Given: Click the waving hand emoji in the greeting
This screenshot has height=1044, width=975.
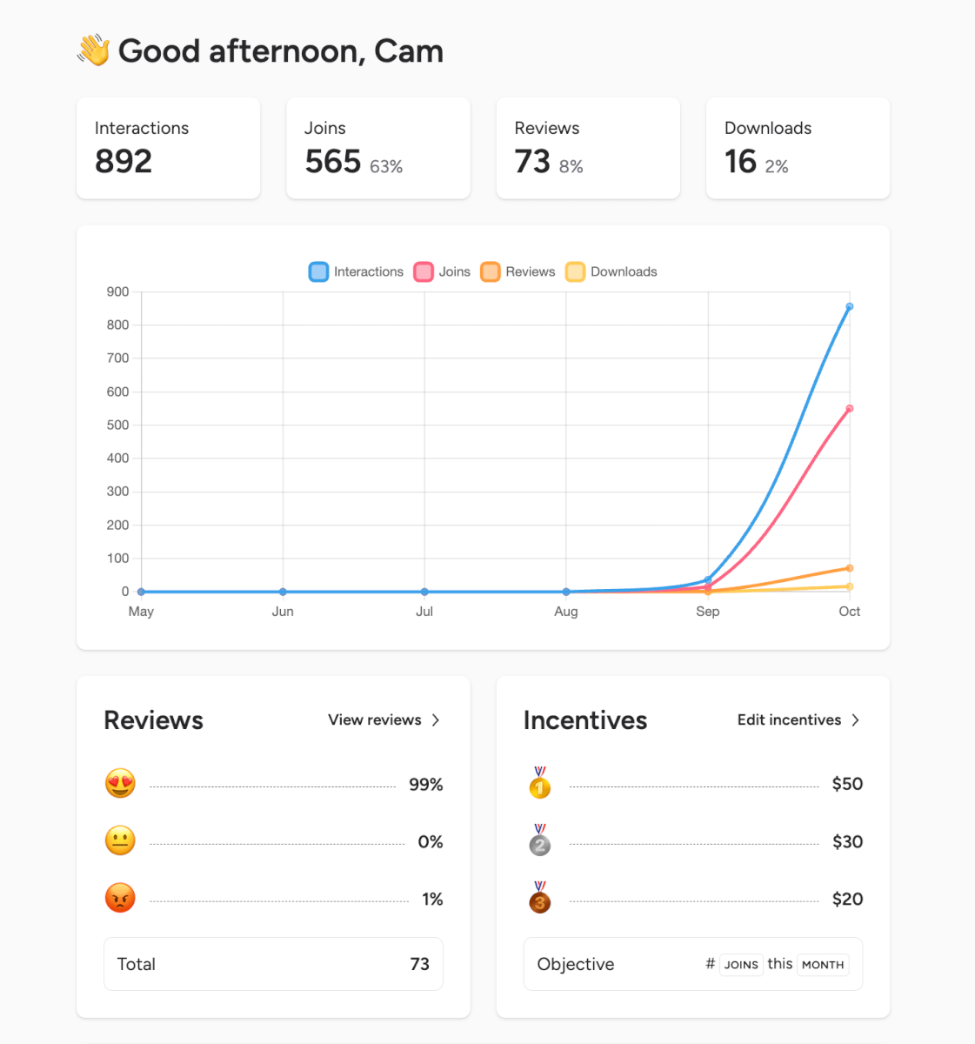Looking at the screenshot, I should point(94,50).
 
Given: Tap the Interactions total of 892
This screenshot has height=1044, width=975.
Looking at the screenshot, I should point(124,162).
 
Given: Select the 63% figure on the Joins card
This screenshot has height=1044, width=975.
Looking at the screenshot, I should point(386,166).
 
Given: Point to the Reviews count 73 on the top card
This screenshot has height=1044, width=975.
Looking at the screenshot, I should point(532,162).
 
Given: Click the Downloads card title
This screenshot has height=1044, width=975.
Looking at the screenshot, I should point(768,128).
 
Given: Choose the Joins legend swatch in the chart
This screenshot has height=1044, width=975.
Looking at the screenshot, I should point(424,271).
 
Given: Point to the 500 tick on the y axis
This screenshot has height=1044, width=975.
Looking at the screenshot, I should point(117,425).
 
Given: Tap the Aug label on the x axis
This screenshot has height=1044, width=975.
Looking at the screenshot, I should point(566,612).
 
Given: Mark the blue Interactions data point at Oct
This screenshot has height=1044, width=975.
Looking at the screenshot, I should point(850,306).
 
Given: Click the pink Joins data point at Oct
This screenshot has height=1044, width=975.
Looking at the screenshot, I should point(850,409).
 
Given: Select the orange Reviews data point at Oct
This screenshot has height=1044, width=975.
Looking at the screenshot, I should point(850,568).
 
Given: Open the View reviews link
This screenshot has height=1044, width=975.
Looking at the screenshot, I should point(384,719).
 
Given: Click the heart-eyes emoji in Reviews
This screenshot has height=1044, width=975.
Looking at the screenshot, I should point(120,784).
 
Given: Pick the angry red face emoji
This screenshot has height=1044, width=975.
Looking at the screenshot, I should point(120,898).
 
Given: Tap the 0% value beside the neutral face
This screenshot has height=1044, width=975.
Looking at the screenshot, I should point(430,841).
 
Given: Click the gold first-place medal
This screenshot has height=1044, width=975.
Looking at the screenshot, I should point(540,783).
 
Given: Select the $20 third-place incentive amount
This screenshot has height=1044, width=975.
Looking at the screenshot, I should point(847,899).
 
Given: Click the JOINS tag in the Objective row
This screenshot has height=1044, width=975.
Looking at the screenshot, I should point(741,964).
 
